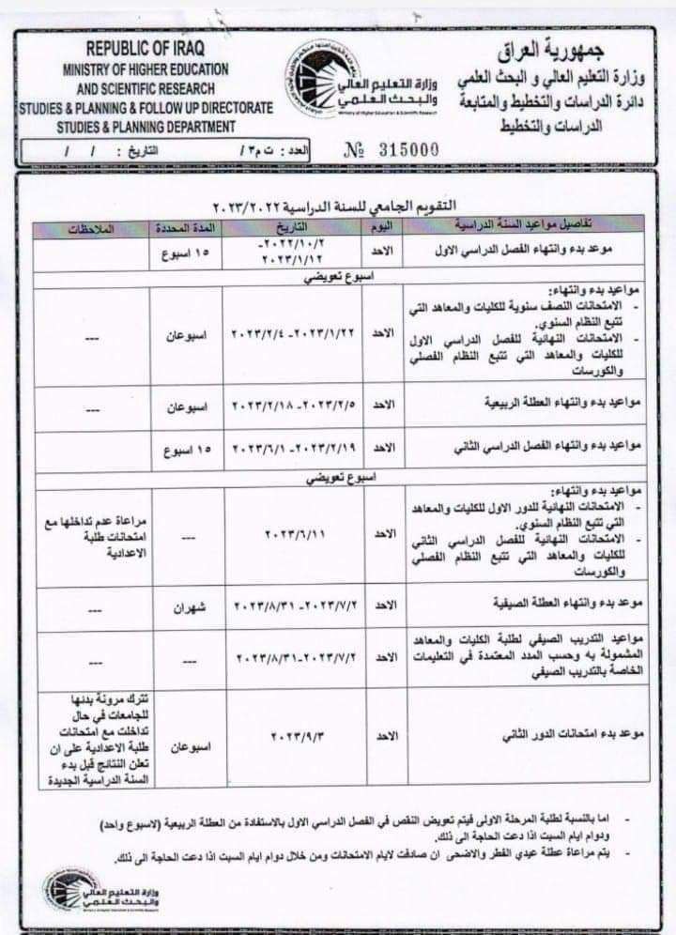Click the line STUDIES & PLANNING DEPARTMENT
tap(146, 125)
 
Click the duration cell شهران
tap(187, 609)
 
